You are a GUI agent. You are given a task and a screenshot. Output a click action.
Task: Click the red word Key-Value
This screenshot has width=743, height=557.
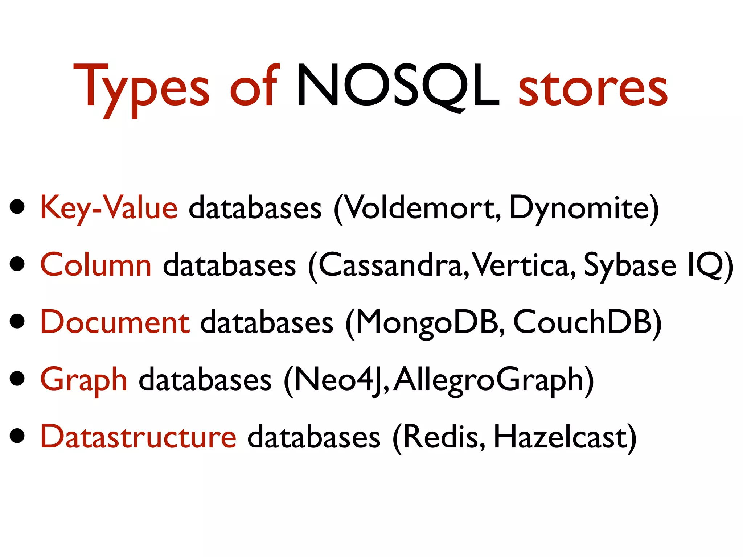pyautogui.click(x=109, y=208)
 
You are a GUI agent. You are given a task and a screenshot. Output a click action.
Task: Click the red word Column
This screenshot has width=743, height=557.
pyautogui.click(x=96, y=265)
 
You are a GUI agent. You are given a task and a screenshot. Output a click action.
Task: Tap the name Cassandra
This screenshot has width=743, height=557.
pyautogui.click(x=390, y=265)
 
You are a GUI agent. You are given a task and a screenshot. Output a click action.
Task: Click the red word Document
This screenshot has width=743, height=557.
pyautogui.click(x=115, y=322)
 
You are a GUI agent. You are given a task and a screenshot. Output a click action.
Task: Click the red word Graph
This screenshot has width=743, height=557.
pyautogui.click(x=84, y=380)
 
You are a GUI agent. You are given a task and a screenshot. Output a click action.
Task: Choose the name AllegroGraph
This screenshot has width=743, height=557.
pyautogui.click(x=488, y=380)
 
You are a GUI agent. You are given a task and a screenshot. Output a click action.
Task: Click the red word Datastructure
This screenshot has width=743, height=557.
pyautogui.click(x=138, y=437)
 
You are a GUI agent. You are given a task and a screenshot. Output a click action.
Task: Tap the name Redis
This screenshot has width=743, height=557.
pyautogui.click(x=441, y=437)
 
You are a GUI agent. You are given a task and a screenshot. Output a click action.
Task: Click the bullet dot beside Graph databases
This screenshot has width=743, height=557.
pyautogui.click(x=17, y=379)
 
